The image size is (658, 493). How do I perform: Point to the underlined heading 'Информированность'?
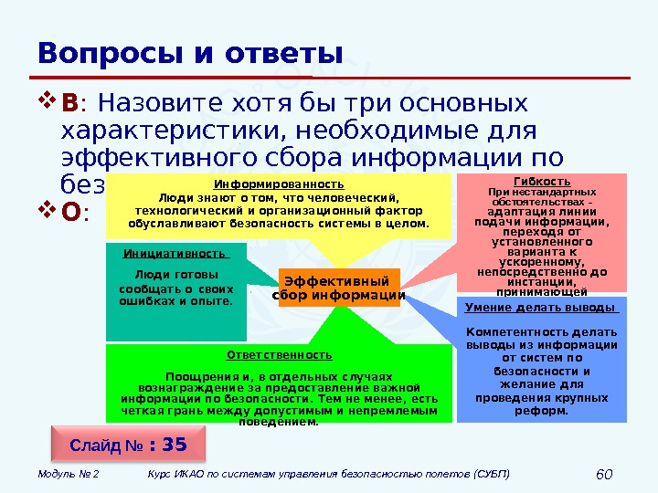(x=280, y=184)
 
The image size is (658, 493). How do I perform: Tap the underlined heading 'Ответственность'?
(x=280, y=354)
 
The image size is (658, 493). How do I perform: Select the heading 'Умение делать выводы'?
(x=541, y=307)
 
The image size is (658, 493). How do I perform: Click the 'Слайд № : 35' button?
(x=128, y=445)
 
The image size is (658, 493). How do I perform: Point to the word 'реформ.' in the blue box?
(x=542, y=410)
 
